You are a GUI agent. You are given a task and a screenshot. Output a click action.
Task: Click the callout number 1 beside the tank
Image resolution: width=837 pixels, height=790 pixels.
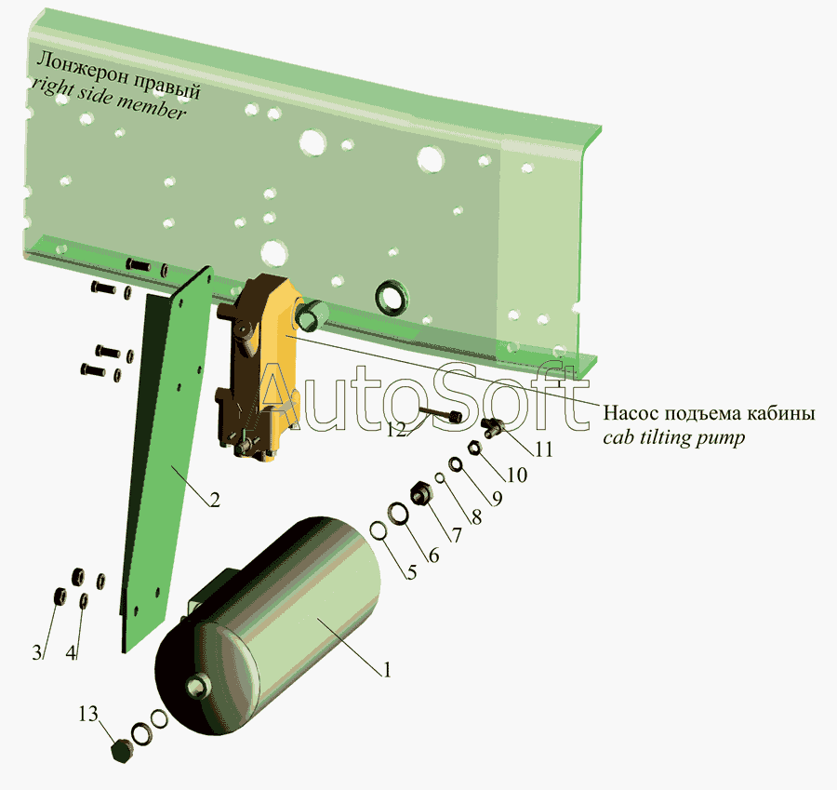coord(387,670)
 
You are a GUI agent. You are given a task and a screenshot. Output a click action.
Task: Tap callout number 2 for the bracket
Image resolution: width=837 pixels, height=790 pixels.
coord(214,500)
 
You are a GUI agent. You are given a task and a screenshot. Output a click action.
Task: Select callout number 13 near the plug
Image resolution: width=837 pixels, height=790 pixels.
coord(88,714)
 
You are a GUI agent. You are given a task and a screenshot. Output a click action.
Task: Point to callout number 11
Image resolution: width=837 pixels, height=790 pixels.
coord(543,449)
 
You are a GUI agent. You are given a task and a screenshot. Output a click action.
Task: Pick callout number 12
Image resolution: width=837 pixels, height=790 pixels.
coord(396,430)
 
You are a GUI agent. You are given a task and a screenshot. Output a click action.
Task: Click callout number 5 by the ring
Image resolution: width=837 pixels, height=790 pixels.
coord(411,572)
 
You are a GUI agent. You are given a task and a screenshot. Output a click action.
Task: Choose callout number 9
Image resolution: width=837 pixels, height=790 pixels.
coord(497,499)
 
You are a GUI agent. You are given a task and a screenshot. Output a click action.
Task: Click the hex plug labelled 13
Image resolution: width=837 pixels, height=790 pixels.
coord(121,752)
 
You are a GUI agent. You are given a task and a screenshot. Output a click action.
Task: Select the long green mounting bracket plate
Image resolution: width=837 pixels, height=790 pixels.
coord(160,460)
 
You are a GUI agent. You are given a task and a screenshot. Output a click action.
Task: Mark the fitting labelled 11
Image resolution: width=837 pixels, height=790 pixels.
coord(492,426)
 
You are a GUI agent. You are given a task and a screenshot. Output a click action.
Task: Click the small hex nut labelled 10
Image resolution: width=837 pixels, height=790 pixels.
coord(473,448)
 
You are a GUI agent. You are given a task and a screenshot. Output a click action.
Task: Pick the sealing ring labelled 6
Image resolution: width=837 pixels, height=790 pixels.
coord(398,514)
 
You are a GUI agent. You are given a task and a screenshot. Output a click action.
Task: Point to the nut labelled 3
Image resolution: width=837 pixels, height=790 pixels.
coord(60,596)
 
